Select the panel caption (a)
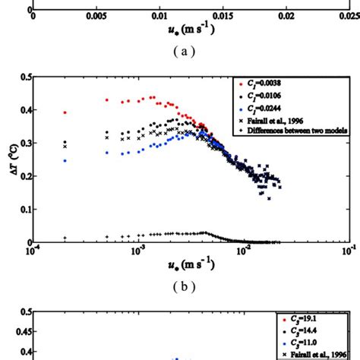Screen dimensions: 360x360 pyautogui.click(x=185, y=52)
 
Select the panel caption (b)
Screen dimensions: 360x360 pyautogui.click(x=185, y=287)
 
